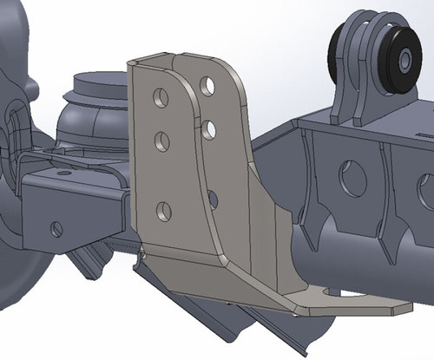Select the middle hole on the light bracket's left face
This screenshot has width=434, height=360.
(x=161, y=139)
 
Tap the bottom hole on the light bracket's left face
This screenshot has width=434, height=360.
(x=164, y=210)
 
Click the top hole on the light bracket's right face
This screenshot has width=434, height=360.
(x=207, y=85)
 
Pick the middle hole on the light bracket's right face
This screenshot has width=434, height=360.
(x=208, y=129)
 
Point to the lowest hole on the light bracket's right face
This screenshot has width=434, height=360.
(x=213, y=200)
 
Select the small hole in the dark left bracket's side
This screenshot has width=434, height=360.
(x=56, y=229)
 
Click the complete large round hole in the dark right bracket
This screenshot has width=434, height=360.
(x=352, y=177)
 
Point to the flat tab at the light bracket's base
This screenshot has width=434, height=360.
(x=347, y=304)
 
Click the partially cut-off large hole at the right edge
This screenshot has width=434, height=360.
(x=426, y=191)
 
